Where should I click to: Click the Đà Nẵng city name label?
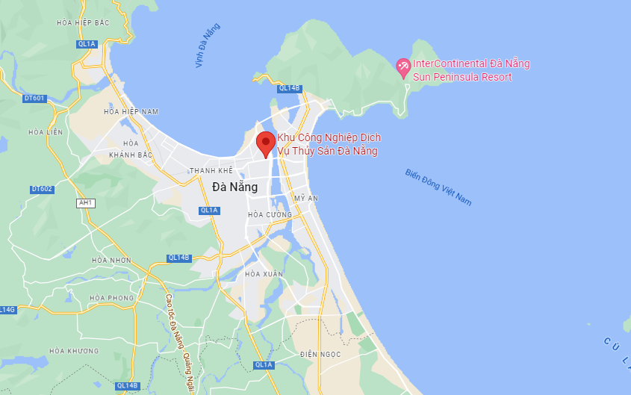pos(234,187)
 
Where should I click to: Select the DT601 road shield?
pos(34,98)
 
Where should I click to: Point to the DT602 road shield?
pos(42,189)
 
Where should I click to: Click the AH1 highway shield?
pos(86,202)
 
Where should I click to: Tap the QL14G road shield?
pos(7,309)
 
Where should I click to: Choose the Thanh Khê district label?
pos(211,171)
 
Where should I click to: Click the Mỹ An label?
pos(306,199)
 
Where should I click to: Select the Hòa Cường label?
pos(270,215)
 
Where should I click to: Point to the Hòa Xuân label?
pos(264,274)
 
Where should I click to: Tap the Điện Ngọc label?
pos(320,354)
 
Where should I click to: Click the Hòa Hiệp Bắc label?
pos(83,23)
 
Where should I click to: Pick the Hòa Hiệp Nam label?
pos(131,112)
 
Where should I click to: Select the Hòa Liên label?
pos(45,132)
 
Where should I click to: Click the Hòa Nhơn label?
pos(111,261)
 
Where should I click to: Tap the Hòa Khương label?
pos(74,351)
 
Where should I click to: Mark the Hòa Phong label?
pos(111,298)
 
